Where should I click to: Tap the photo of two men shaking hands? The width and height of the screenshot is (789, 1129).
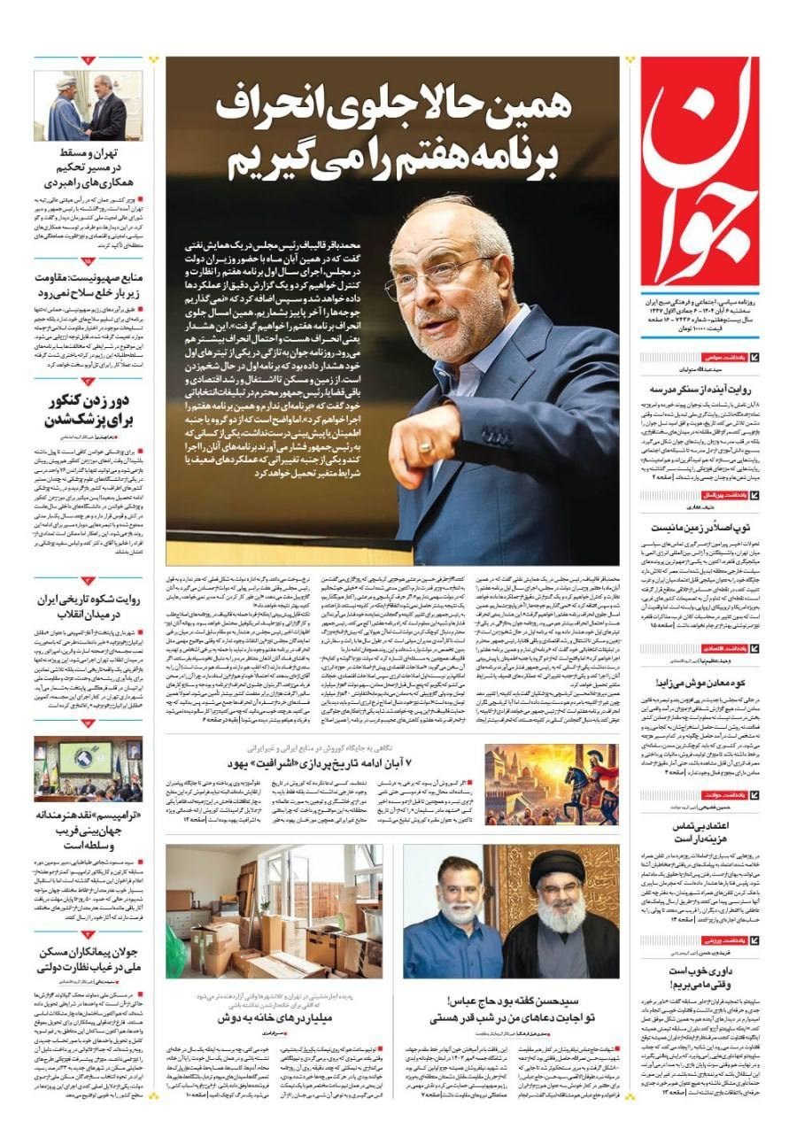coord(89,106)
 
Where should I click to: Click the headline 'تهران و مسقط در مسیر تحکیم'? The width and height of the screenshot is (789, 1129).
coord(88,168)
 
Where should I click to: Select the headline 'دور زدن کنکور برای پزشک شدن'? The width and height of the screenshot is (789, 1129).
coord(88,410)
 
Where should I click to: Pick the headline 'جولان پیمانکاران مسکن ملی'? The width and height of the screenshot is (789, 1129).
coord(88,961)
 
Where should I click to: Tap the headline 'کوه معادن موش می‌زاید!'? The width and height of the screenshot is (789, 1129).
coord(700,682)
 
